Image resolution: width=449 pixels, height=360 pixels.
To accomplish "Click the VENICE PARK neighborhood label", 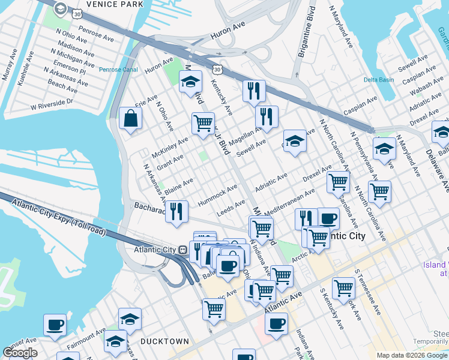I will [x=115, y=4].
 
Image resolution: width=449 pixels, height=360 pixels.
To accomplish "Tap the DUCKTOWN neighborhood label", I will [x=164, y=341].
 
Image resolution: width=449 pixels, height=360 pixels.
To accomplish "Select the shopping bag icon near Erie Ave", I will [x=130, y=119].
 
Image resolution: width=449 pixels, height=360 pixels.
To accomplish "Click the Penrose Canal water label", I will [x=118, y=70].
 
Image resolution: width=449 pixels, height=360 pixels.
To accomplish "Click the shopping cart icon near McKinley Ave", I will [x=203, y=124].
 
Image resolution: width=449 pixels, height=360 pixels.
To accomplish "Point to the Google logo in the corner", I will [x=20, y=353].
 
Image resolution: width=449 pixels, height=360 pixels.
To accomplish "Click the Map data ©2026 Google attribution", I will [x=412, y=355].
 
